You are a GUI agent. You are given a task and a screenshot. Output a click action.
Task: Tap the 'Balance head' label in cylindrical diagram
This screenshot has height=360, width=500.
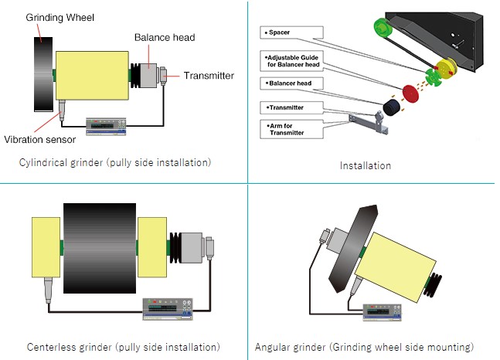pos(164,36)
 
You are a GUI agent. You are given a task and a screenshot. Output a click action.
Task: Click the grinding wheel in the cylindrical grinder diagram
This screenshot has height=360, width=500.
pos(40,75)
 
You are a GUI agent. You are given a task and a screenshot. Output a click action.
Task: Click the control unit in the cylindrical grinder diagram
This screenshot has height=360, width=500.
pos(107,124)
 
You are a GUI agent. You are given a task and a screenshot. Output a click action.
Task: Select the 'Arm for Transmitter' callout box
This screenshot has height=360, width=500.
pos(290,129)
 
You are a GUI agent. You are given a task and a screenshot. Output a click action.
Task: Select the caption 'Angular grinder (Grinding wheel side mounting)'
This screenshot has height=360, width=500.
pos(364,347)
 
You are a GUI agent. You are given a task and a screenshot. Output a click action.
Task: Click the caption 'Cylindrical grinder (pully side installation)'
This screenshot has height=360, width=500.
pos(116,162)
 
